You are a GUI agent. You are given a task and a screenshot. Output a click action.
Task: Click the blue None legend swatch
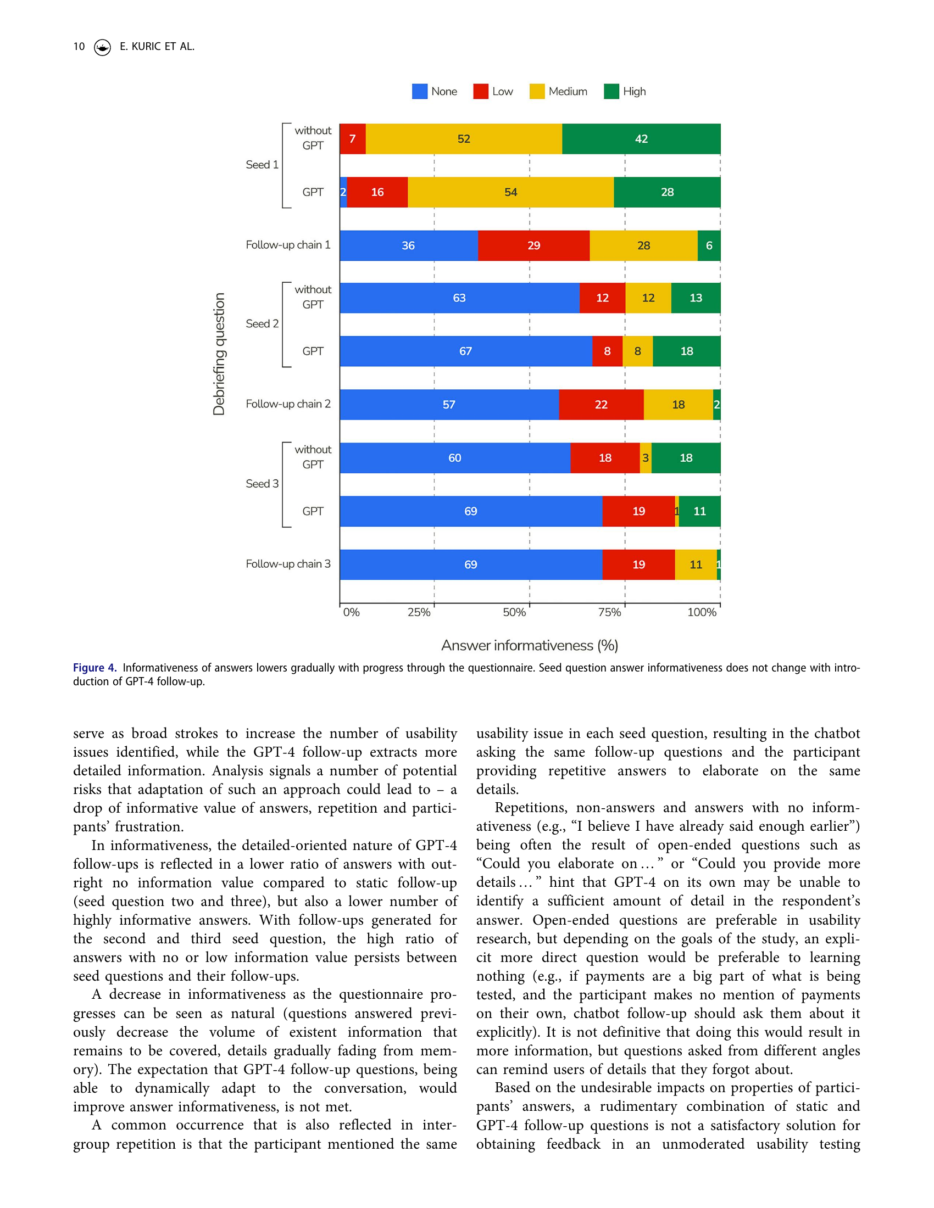pos(419,91)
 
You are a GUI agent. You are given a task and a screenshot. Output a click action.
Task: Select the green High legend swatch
pos(611,91)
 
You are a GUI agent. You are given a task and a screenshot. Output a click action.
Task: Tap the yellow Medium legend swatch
pos(537,91)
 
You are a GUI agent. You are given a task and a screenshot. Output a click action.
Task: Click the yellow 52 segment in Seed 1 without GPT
pos(464,139)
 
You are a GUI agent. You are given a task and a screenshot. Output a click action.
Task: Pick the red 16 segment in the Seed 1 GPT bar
pos(377,192)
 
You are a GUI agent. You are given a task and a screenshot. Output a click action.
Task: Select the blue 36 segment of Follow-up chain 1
pos(408,245)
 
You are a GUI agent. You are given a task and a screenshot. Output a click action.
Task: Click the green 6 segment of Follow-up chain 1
pos(709,245)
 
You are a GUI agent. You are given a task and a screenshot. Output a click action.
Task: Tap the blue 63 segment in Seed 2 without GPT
pos(459,298)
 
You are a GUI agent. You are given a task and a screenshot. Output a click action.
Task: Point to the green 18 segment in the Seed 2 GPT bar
pos(687,351)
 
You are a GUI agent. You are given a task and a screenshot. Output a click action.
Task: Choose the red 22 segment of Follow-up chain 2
pos(601,404)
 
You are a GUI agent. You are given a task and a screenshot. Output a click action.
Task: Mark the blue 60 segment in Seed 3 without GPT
pos(455,458)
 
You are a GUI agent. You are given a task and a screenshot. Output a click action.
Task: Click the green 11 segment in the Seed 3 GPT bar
pos(699,511)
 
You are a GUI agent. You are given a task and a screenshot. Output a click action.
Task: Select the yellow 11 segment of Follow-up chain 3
pos(696,564)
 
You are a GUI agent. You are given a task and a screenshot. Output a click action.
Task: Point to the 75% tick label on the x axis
pos(609,612)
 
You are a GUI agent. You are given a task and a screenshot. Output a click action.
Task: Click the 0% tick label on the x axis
pos(352,612)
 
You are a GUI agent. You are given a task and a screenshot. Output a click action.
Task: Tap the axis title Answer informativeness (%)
pos(530,646)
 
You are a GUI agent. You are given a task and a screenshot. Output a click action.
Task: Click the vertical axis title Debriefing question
pos(219,354)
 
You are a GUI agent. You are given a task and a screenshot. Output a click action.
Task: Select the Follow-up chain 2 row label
pos(288,404)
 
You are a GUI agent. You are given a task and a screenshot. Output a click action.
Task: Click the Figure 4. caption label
pos(94,668)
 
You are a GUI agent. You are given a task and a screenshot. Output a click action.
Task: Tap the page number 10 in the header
pos(79,47)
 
